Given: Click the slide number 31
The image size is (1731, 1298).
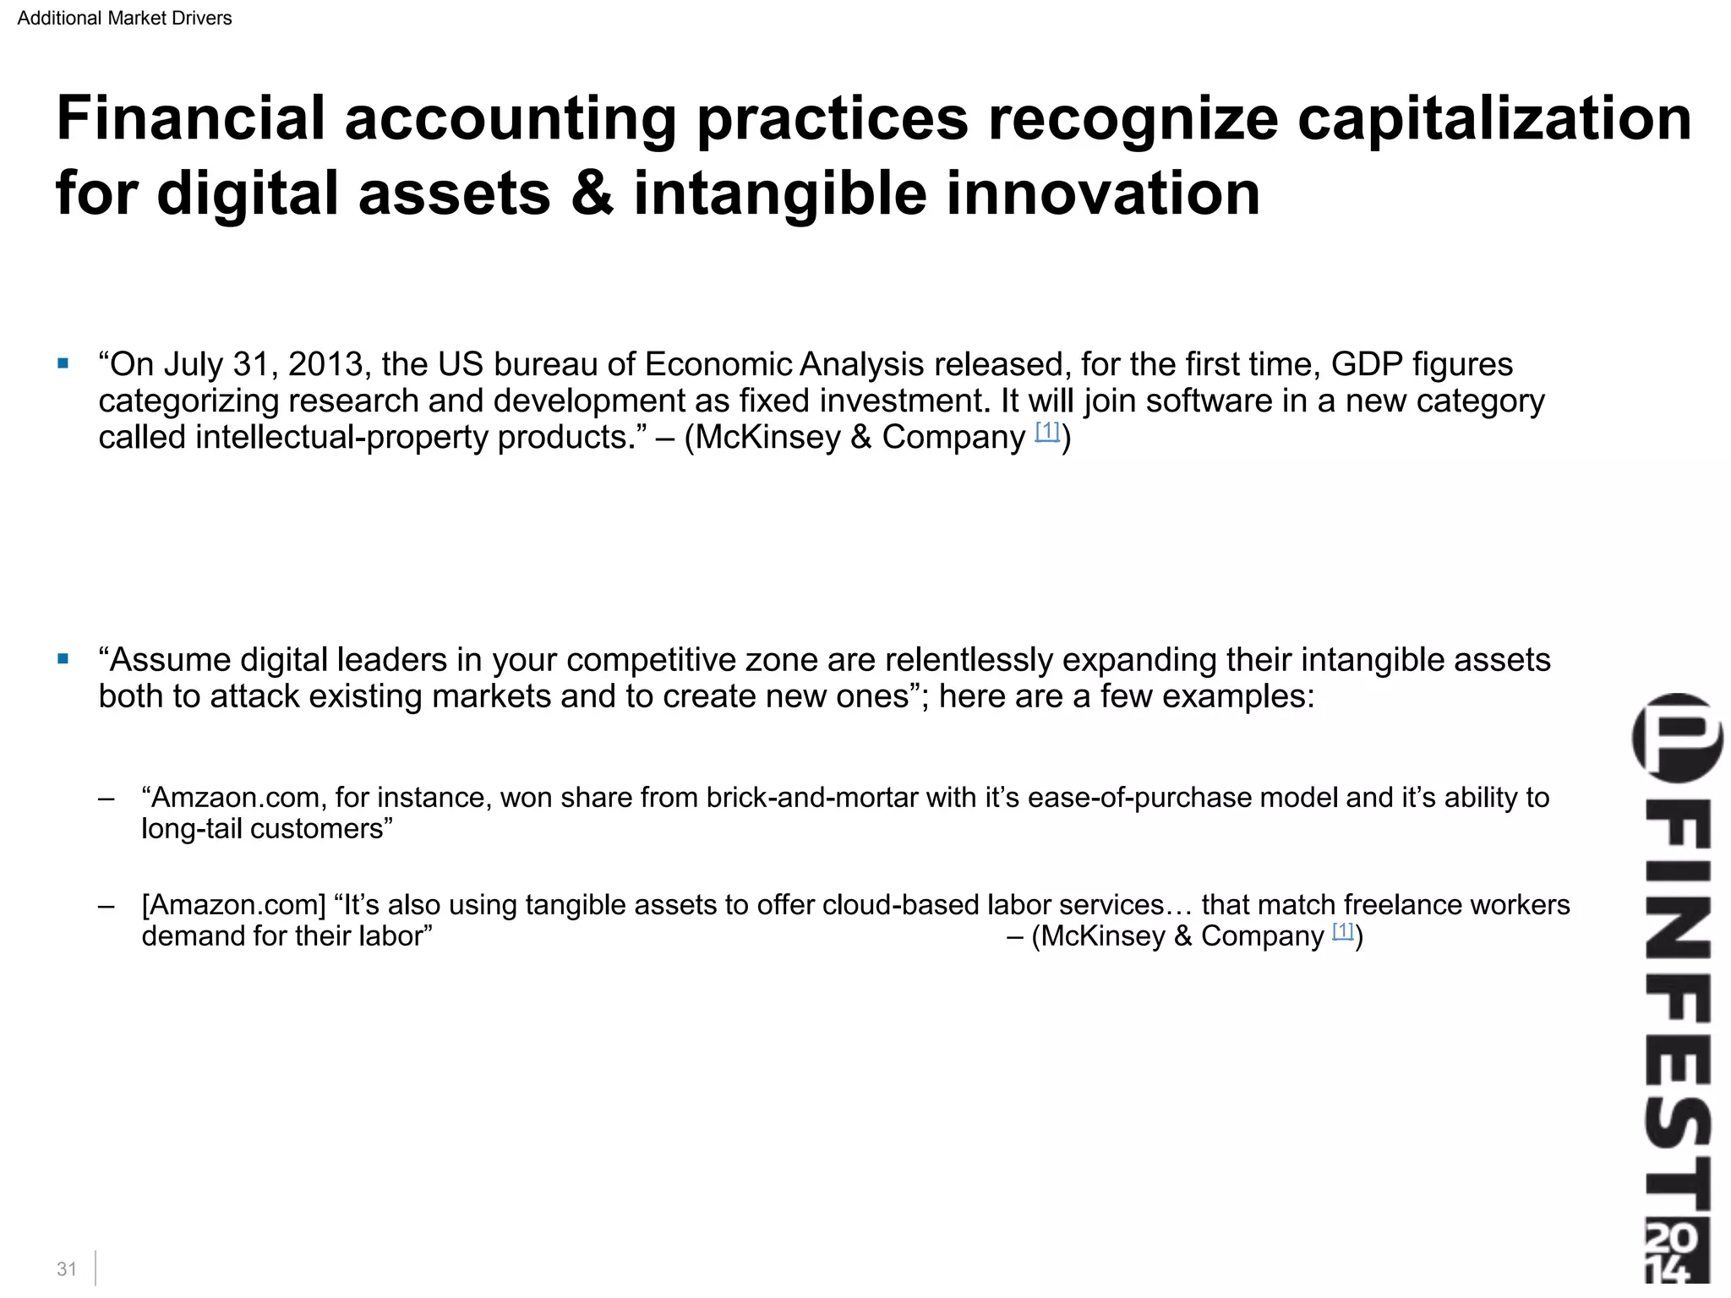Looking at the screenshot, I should (67, 1268).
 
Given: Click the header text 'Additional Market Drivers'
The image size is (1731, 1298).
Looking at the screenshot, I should (124, 18).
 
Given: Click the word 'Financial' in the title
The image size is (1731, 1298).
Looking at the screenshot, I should (190, 118).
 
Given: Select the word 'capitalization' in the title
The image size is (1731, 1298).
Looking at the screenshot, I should (1494, 118).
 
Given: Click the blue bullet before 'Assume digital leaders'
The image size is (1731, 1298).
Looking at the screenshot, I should (63, 659).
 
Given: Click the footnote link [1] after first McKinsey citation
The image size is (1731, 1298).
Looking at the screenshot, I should (1047, 431).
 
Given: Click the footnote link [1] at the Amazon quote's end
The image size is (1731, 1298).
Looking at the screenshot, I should (1343, 930).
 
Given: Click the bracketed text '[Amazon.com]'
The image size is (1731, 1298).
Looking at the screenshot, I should (233, 905).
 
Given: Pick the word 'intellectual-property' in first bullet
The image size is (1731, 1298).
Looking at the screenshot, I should (342, 438).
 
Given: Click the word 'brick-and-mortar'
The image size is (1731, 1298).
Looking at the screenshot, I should (811, 798).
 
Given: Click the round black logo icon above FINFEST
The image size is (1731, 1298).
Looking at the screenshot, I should (1677, 737).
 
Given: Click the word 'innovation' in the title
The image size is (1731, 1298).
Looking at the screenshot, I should (1103, 194).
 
